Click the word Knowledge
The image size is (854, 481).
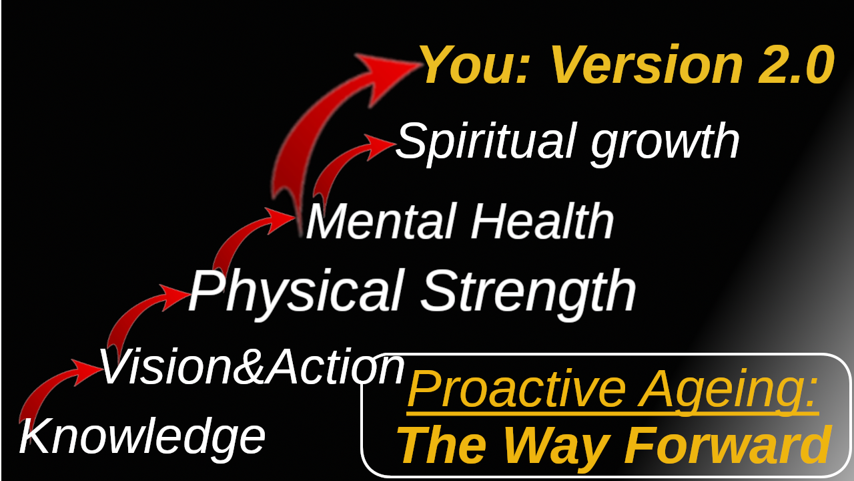[142, 437]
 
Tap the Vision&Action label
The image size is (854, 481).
[252, 367]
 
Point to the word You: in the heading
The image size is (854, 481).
[476, 64]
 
